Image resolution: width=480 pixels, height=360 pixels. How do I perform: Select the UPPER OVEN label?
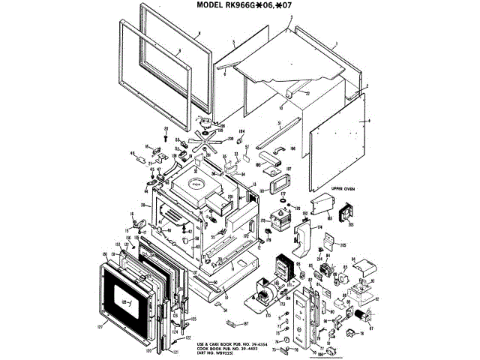click(343, 188)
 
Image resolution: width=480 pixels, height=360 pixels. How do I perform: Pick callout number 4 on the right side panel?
click(369, 121)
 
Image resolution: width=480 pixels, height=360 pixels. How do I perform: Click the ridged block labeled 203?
click(346, 214)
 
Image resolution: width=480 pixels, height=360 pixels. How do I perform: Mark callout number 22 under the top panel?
click(306, 92)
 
